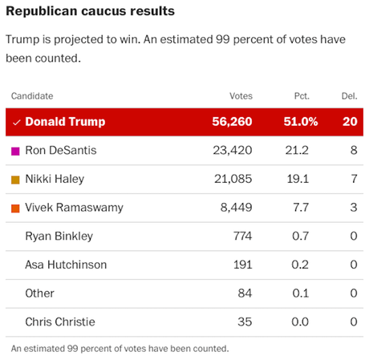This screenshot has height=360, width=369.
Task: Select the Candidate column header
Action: (x=32, y=96)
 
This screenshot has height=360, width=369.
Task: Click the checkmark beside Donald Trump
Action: (x=15, y=123)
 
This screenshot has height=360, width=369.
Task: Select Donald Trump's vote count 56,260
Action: (x=229, y=123)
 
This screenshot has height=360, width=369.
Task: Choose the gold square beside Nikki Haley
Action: (x=15, y=180)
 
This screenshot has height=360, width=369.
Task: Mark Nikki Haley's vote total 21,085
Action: (x=232, y=180)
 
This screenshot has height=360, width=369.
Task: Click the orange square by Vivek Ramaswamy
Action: (x=15, y=208)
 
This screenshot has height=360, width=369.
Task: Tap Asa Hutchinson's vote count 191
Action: (x=241, y=265)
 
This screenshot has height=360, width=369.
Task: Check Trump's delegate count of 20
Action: (x=349, y=123)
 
